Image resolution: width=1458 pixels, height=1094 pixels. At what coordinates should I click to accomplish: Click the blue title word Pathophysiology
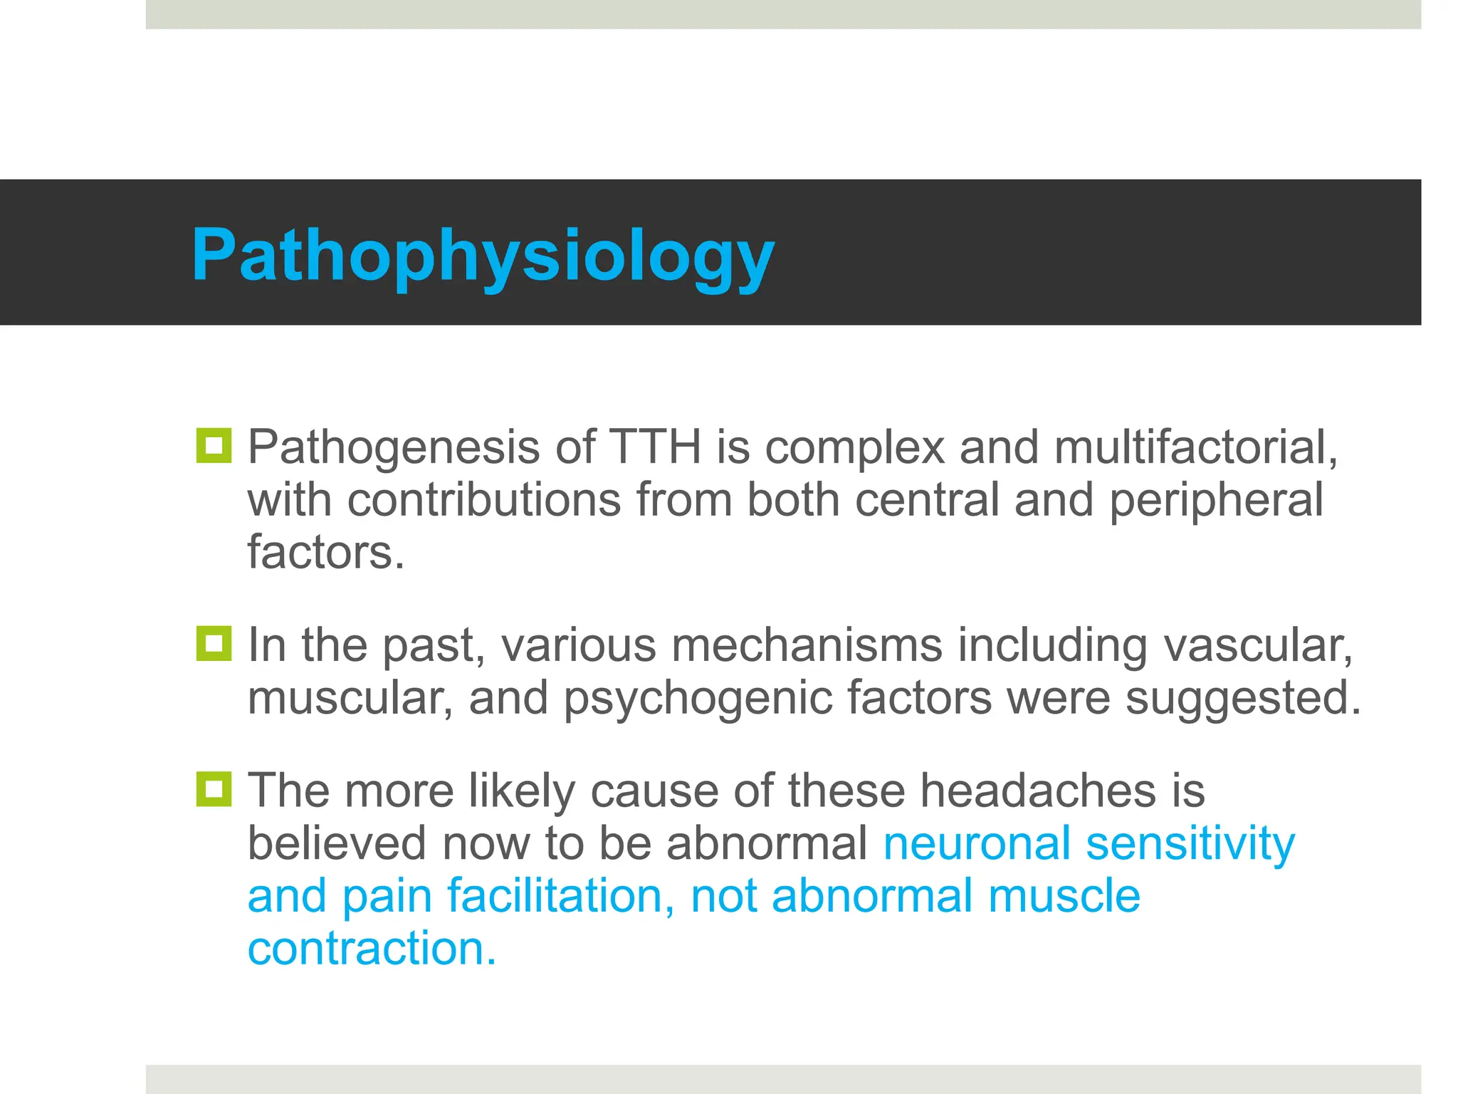(483, 255)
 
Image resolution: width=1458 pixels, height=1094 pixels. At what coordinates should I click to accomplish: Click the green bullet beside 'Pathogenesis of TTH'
(214, 446)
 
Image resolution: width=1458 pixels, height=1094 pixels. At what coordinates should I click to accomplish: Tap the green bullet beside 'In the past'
(214, 643)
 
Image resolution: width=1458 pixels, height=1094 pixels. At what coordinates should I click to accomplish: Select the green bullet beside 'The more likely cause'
(214, 789)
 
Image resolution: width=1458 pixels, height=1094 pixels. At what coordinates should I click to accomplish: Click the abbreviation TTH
(655, 447)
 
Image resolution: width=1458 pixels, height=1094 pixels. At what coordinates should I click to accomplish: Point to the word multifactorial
(1196, 447)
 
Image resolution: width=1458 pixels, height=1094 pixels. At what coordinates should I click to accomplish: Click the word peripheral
(1216, 500)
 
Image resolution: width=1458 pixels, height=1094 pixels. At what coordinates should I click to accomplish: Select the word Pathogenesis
(394, 447)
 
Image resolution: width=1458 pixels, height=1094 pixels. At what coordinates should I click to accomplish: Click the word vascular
(1258, 645)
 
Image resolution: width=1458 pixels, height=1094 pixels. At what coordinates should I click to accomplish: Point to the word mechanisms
(807, 645)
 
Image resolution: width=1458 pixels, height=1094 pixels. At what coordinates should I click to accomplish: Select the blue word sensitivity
(1190, 843)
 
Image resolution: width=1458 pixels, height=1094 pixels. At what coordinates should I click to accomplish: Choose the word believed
(337, 843)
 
